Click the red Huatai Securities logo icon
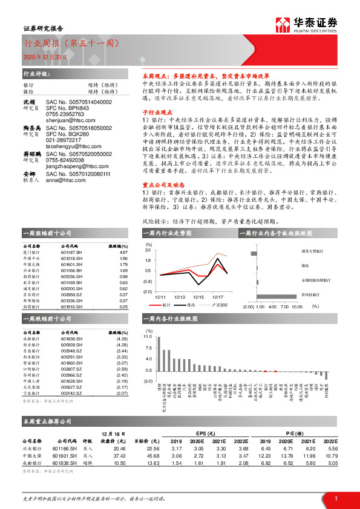point(281,24)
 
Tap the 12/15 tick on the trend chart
point(198,297)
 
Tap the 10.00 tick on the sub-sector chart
point(296,307)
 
